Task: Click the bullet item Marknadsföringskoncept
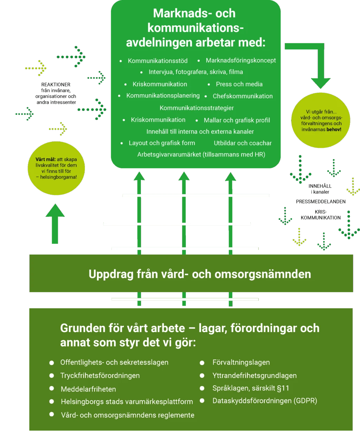coord(240,60)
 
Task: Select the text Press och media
coord(239,84)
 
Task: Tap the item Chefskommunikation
coord(243,96)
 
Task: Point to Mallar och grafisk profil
coord(237,120)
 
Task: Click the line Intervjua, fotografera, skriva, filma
coord(196,72)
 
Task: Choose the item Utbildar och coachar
coord(243,143)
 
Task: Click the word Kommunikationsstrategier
coord(197,108)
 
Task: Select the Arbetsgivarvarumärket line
coord(201,154)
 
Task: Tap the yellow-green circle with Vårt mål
coord(56,168)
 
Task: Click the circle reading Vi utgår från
coord(321,120)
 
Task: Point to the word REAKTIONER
coord(56,85)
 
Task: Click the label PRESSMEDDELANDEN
coord(321,202)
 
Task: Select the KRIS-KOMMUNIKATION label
coord(321,215)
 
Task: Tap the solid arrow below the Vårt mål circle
coord(55,224)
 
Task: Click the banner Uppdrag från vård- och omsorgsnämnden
coord(191,273)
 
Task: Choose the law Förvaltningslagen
coord(241,362)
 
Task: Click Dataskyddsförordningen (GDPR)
coord(265,401)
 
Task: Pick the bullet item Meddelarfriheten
coord(88,389)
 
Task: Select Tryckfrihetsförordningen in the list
coord(100,376)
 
